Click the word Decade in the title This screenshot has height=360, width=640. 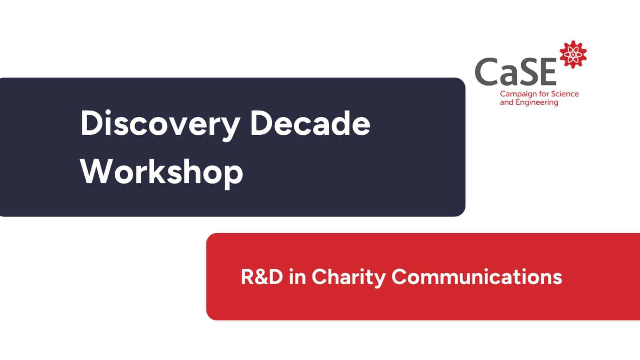coord(310,124)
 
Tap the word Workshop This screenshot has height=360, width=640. coord(162,172)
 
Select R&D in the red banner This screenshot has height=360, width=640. coord(262,277)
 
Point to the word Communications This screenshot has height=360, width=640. coord(476,277)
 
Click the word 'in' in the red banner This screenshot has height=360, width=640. coord(297,277)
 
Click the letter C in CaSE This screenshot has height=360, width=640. coord(487,72)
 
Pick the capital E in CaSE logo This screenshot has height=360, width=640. coord(547,72)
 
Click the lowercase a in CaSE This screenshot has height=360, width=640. coord(507,75)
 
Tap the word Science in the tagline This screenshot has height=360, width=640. coord(565,94)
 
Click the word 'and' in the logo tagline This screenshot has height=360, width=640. coord(506,102)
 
